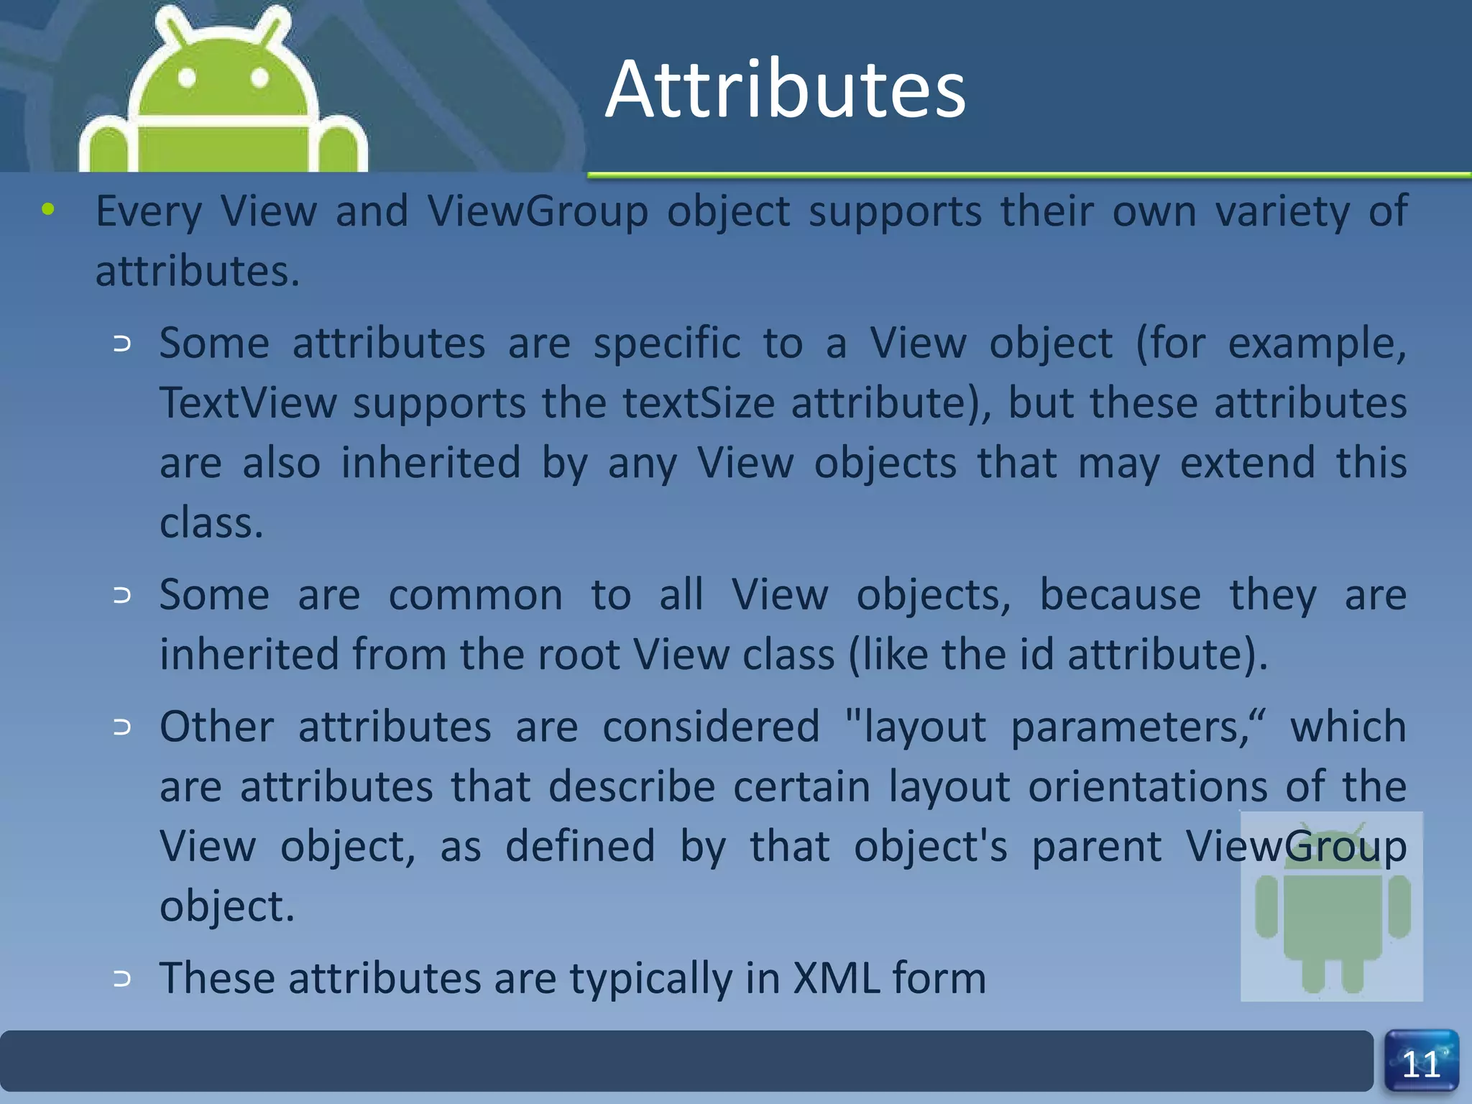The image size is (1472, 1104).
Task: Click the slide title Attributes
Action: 785,90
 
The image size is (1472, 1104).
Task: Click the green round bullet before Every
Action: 48,209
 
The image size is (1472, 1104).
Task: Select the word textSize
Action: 699,402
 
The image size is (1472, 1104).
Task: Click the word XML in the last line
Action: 837,978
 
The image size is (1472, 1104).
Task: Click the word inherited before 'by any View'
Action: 431,462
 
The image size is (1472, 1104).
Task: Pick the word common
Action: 475,595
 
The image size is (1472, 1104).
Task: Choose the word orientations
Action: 1148,786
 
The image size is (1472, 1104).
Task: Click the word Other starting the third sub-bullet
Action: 216,727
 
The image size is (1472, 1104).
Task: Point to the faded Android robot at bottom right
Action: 1331,907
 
